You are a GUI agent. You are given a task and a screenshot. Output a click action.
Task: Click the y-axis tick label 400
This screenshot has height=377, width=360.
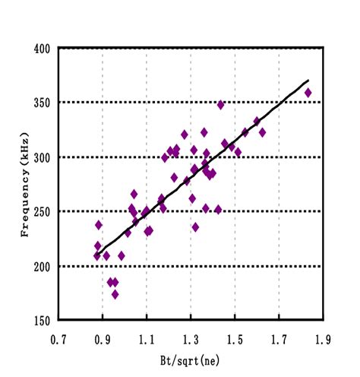[x=43, y=48]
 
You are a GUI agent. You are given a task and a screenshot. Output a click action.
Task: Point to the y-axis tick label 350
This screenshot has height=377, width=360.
[x=43, y=103]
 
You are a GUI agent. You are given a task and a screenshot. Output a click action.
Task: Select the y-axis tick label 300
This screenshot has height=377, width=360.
[x=43, y=157]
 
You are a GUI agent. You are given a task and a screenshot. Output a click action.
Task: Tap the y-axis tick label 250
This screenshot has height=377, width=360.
[x=43, y=211]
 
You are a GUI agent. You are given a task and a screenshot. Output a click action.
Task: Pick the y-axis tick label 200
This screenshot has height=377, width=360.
[x=43, y=266]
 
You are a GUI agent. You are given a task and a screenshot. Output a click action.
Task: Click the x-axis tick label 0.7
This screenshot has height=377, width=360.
[x=58, y=334]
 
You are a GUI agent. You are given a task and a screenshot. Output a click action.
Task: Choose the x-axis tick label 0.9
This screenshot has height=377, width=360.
[x=103, y=334]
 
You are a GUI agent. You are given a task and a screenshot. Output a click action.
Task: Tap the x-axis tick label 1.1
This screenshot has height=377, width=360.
[x=147, y=334]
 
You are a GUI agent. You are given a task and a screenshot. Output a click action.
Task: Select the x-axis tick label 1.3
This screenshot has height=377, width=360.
[x=191, y=334]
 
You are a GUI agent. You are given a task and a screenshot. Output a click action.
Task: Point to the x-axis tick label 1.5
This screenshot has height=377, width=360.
[x=235, y=334]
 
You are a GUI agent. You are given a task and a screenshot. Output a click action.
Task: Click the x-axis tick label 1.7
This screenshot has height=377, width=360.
[x=279, y=334]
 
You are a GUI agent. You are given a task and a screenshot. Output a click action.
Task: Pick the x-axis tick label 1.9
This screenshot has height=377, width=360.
[x=323, y=334]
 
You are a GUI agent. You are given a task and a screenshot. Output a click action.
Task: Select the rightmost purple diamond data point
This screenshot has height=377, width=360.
[x=308, y=93]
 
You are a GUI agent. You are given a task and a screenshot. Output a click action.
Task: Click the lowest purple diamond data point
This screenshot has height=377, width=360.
[x=115, y=294]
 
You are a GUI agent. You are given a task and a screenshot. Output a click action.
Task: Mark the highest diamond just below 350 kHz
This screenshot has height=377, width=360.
[x=221, y=105]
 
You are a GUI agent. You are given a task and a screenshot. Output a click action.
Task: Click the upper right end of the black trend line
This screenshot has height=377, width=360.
[x=308, y=80]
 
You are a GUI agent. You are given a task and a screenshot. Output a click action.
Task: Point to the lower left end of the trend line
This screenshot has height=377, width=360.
[x=97, y=255]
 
